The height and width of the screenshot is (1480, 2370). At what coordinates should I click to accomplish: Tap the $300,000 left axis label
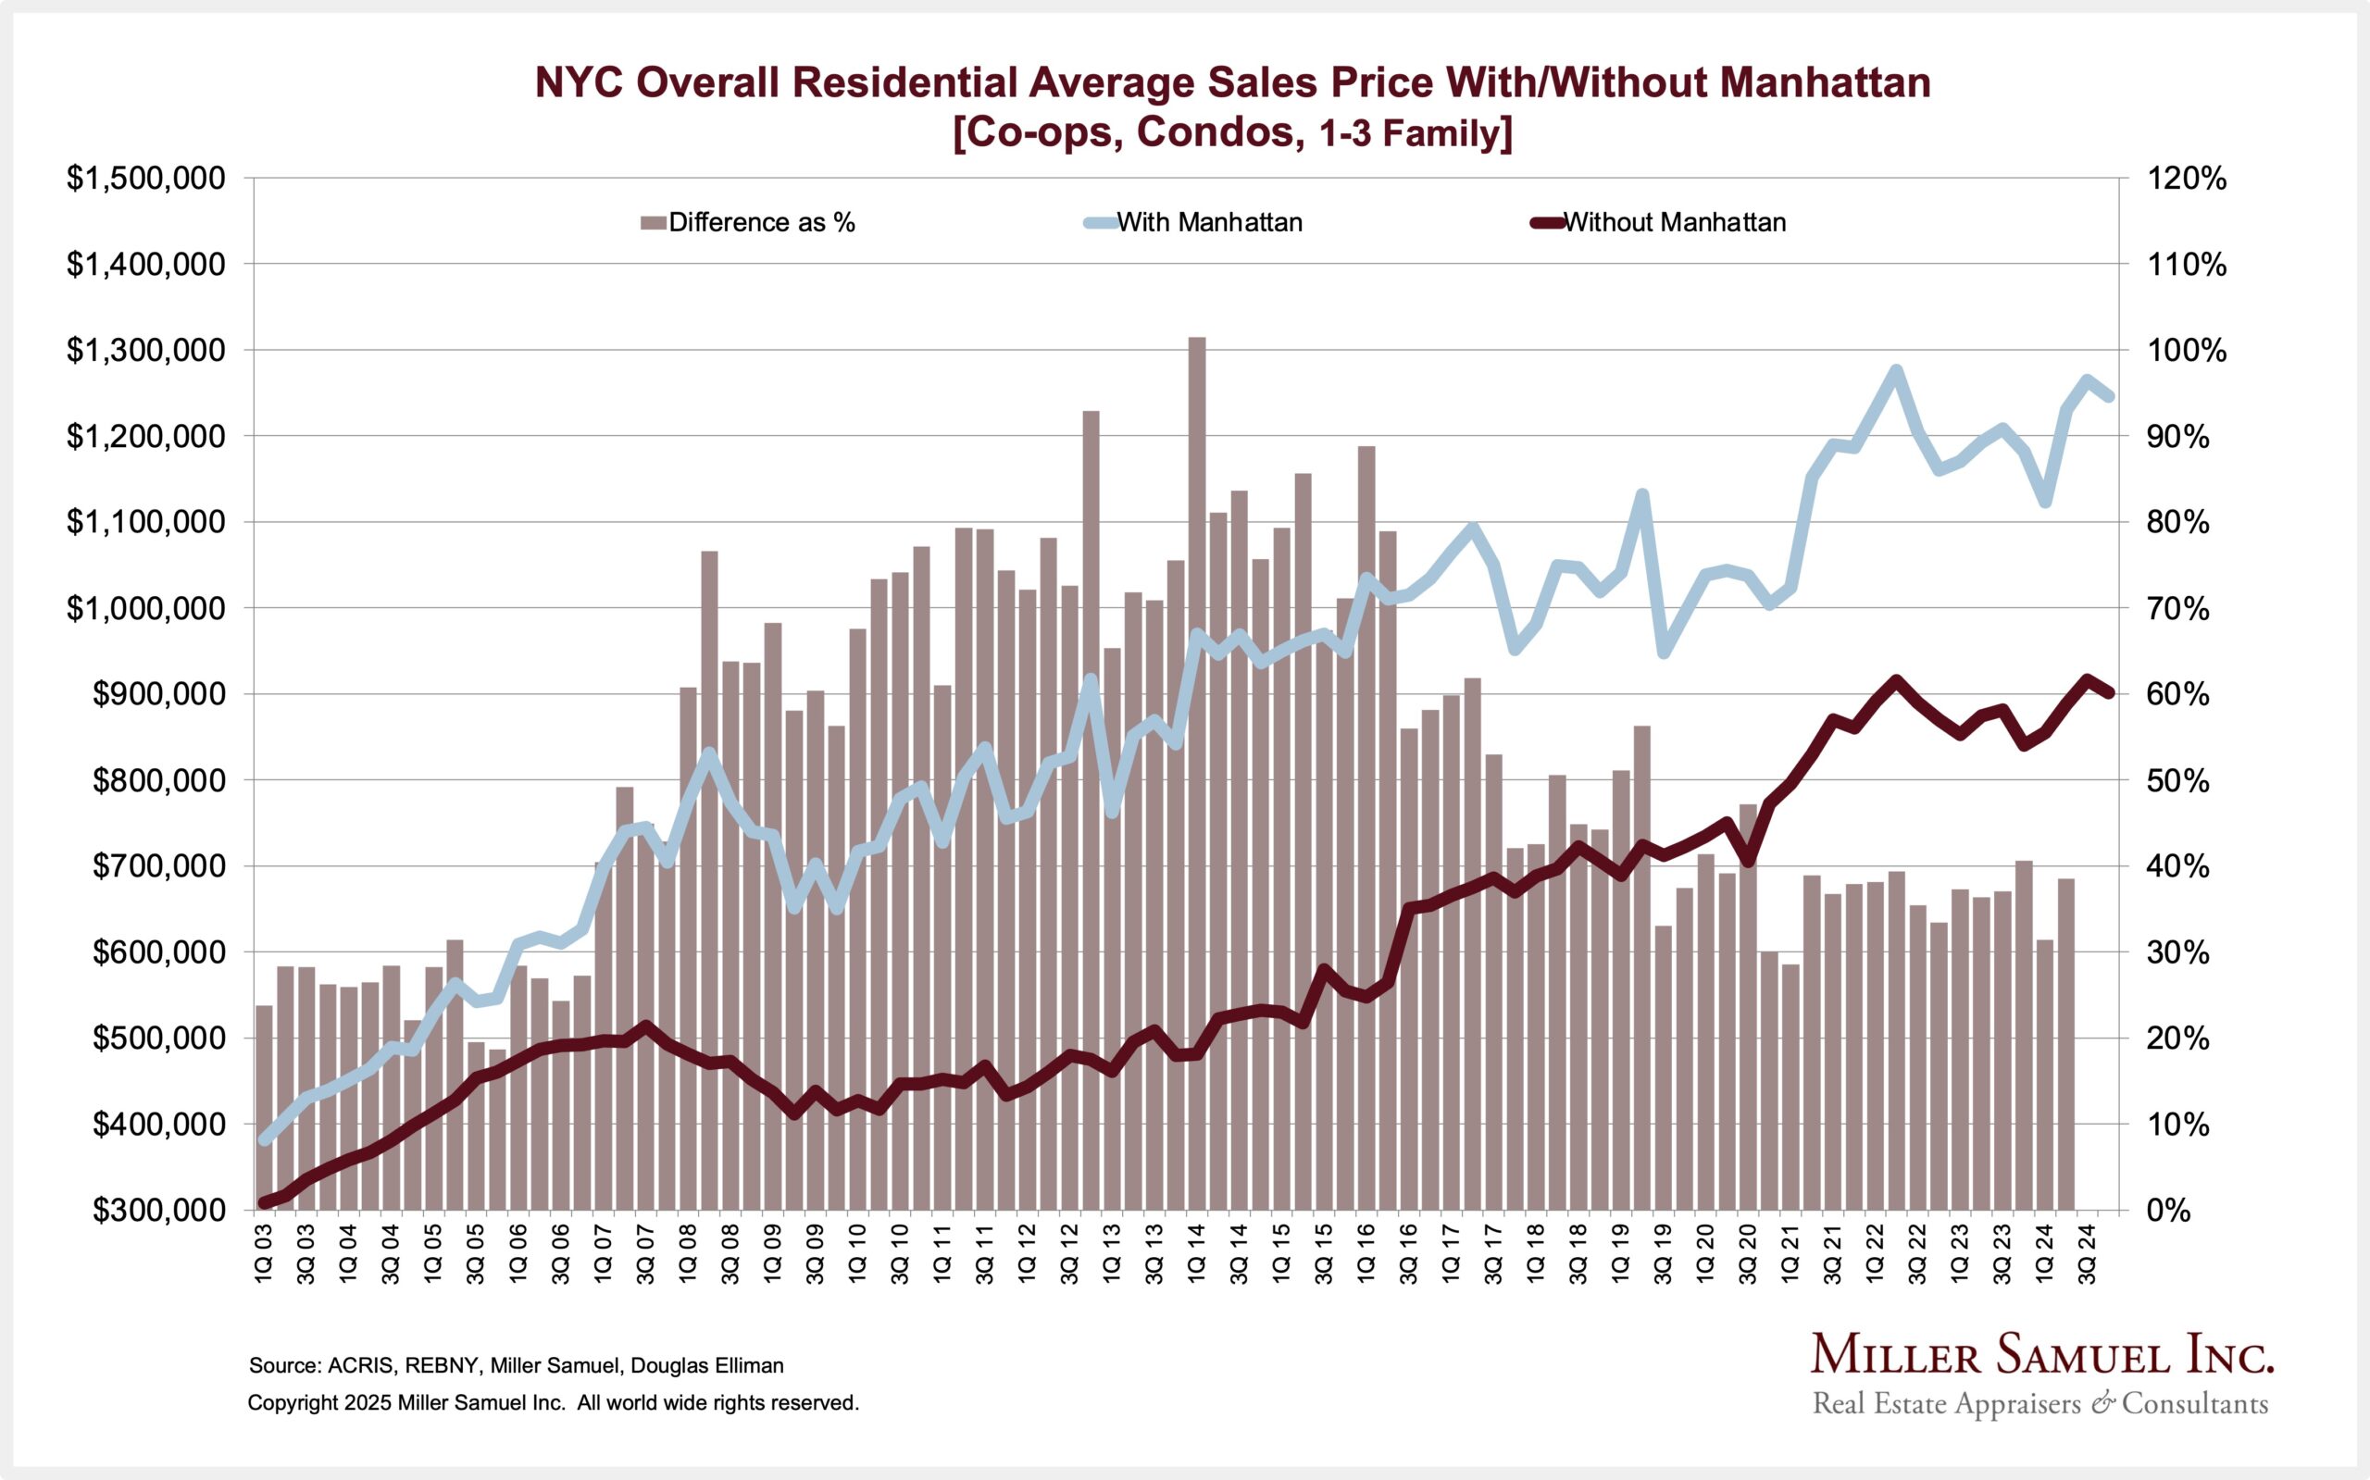click(x=158, y=1211)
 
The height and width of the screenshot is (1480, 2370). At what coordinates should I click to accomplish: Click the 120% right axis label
click(x=2186, y=180)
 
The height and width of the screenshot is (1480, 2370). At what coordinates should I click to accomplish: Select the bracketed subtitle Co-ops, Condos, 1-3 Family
click(x=1232, y=133)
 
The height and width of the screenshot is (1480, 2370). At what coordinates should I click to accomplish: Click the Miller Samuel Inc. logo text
click(x=2041, y=1356)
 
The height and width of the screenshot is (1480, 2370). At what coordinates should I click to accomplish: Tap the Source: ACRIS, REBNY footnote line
click(x=516, y=1365)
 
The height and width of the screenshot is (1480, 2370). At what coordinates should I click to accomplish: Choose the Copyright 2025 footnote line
click(x=553, y=1402)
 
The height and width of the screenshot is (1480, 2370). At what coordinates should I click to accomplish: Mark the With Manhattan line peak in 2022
click(x=1896, y=371)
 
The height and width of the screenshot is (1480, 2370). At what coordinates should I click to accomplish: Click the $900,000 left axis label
click(x=158, y=695)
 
